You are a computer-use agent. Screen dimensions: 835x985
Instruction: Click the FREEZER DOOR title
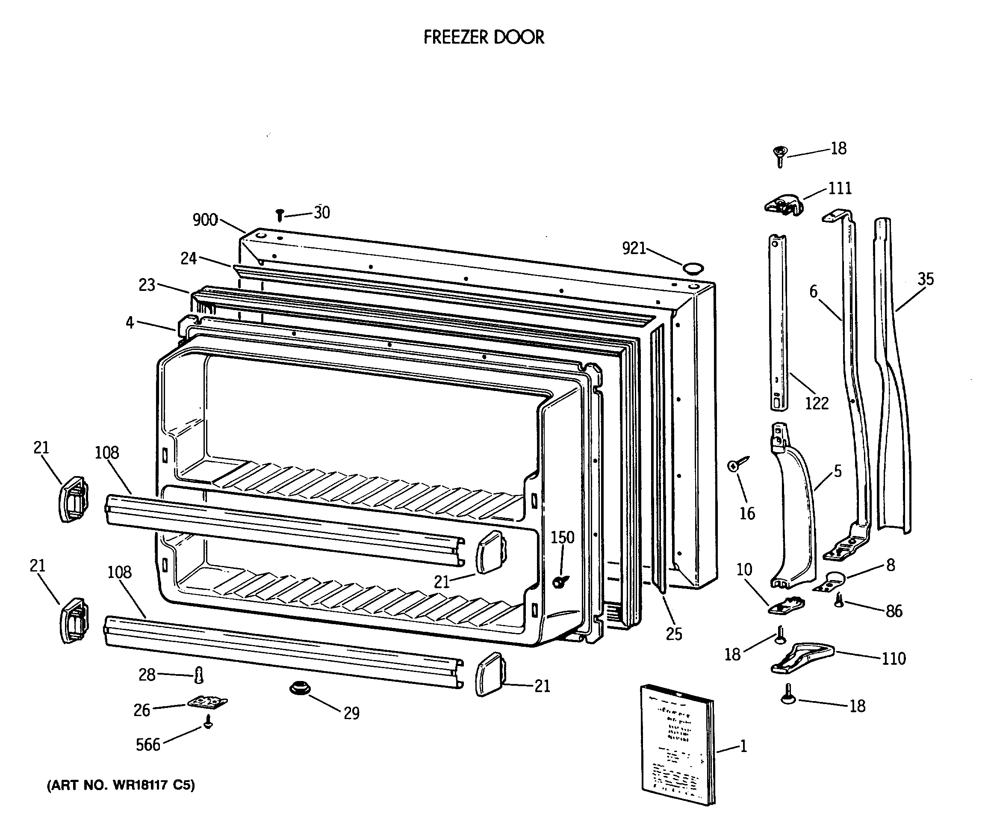tap(484, 37)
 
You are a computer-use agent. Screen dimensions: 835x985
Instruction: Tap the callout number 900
tap(205, 219)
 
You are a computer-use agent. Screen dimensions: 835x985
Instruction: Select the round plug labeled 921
tap(693, 269)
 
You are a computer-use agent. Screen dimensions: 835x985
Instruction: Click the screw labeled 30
tap(280, 215)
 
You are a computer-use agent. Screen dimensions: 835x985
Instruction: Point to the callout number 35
tap(926, 279)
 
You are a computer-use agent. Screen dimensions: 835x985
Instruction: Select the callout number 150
tap(562, 537)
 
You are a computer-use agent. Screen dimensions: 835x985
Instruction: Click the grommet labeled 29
tap(300, 688)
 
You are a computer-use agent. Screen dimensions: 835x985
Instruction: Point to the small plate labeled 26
tap(207, 702)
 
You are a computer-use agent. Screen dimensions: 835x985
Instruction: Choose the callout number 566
tap(148, 745)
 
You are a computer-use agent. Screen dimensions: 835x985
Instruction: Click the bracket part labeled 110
tap(802, 657)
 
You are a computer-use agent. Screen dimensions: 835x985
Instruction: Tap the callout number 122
tap(817, 403)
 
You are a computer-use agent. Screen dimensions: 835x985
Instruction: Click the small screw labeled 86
tap(839, 600)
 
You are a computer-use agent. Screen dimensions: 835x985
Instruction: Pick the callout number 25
tap(674, 634)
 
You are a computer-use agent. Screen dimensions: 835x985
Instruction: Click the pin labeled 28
tap(199, 675)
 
